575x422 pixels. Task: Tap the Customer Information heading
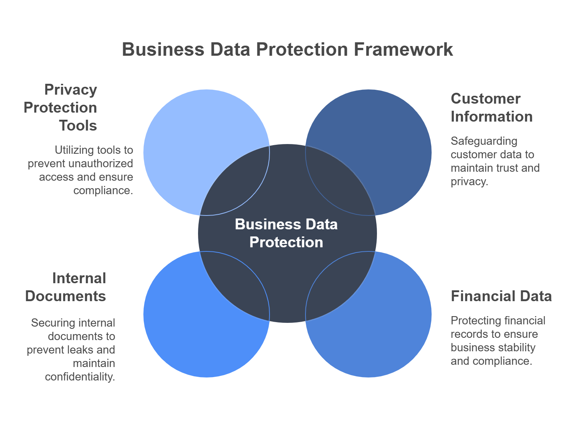click(x=491, y=108)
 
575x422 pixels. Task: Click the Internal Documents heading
click(x=66, y=287)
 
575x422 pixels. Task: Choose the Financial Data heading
click(x=501, y=296)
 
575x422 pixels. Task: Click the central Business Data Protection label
click(x=286, y=233)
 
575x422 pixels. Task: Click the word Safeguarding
click(x=484, y=141)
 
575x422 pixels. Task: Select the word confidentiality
click(x=80, y=377)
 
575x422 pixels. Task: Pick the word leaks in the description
click(x=83, y=350)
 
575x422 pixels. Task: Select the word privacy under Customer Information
click(x=469, y=181)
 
